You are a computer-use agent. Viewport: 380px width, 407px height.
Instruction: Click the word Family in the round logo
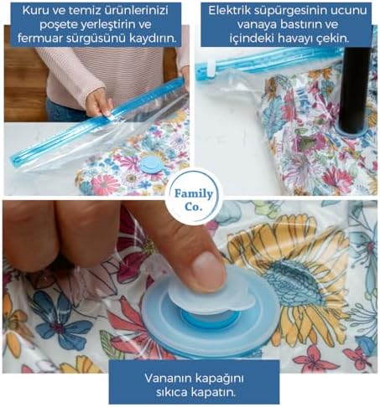coord(194,194)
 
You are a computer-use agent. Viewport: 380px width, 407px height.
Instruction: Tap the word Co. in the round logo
coord(193,207)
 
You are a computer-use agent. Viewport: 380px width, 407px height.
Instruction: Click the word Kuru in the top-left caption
coord(34,10)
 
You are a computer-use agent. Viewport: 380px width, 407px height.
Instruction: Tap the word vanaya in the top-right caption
coord(257,24)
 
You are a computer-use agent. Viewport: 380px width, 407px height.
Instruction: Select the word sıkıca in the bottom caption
coord(172,393)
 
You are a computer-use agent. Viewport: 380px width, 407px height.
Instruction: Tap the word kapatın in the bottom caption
coord(213,393)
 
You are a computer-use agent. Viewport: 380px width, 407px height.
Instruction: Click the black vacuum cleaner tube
coord(355,90)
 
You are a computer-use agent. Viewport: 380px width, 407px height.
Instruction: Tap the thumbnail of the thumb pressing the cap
coord(208,271)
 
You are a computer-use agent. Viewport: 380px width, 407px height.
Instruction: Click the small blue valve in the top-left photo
coord(151,165)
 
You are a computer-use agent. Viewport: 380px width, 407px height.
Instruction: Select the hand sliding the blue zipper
coord(99,102)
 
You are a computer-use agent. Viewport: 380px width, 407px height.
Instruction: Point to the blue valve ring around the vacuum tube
coord(353,131)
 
